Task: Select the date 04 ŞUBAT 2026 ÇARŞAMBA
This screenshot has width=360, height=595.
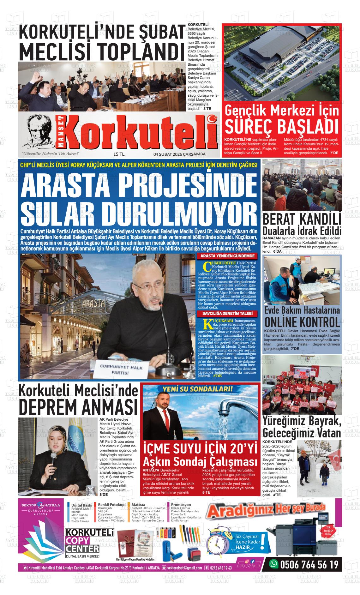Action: coord(179,154)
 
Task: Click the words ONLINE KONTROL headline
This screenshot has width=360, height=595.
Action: coord(302,322)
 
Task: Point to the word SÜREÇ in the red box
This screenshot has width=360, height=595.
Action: coord(248,127)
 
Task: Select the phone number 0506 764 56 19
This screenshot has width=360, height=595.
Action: coord(309,564)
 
